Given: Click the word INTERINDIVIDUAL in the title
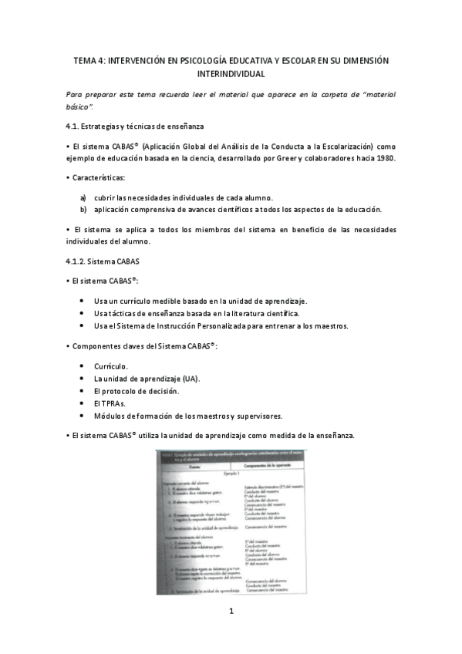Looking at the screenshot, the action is [231, 74].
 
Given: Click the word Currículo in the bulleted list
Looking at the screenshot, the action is [111, 366].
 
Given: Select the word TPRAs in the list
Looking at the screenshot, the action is [114, 403].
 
